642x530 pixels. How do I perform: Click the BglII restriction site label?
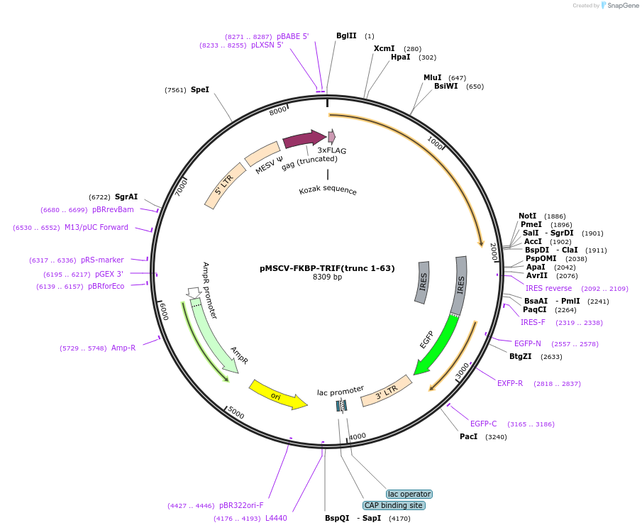(x=346, y=35)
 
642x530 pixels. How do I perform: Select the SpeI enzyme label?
(x=200, y=90)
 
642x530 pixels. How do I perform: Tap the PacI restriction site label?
(x=468, y=436)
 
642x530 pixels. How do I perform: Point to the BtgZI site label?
(x=520, y=356)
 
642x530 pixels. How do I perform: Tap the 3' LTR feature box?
(x=387, y=391)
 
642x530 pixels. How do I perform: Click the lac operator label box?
(x=409, y=494)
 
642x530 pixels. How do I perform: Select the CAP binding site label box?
(x=393, y=506)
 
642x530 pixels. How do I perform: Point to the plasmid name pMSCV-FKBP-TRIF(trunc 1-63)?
(x=327, y=268)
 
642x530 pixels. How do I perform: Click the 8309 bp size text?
(x=327, y=277)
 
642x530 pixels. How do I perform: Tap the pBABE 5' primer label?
(x=292, y=36)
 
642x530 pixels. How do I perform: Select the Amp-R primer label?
(x=123, y=348)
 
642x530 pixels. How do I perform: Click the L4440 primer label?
(x=276, y=518)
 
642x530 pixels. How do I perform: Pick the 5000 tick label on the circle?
(x=236, y=414)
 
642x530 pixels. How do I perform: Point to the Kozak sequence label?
(x=328, y=191)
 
